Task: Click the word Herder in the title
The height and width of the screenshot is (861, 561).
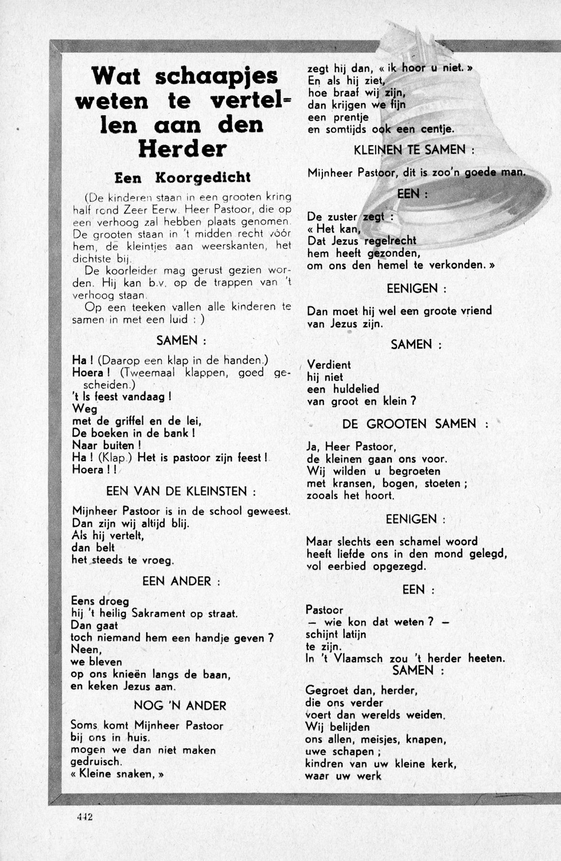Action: [182, 149]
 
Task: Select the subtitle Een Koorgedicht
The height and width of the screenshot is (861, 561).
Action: [182, 177]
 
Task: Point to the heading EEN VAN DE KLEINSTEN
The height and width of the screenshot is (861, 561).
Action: [180, 491]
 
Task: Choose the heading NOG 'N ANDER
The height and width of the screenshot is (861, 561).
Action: [180, 705]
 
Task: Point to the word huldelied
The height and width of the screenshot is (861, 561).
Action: [356, 389]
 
